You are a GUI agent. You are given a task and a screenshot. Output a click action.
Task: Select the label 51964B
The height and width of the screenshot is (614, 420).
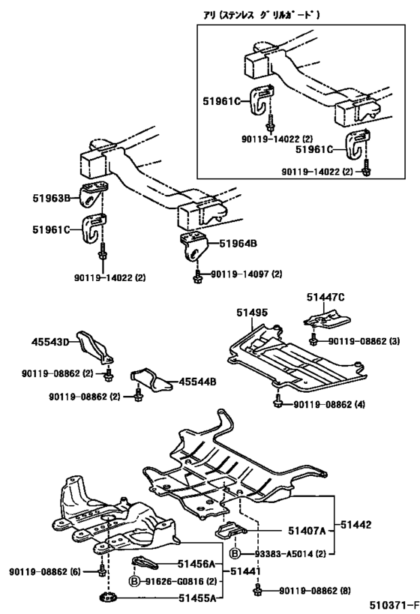click(236, 244)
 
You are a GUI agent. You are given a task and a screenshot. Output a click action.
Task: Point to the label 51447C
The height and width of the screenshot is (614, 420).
click(325, 298)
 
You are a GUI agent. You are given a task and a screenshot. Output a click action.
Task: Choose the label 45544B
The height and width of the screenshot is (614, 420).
click(197, 382)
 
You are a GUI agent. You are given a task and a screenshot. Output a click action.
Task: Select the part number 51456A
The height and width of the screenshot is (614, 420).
click(196, 563)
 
